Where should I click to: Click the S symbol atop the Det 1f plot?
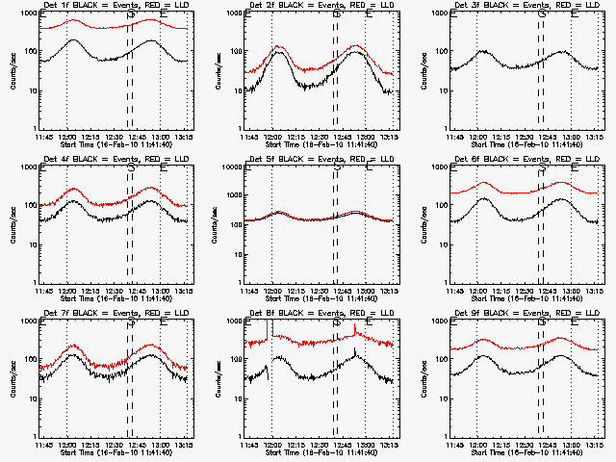coord(131,13)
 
